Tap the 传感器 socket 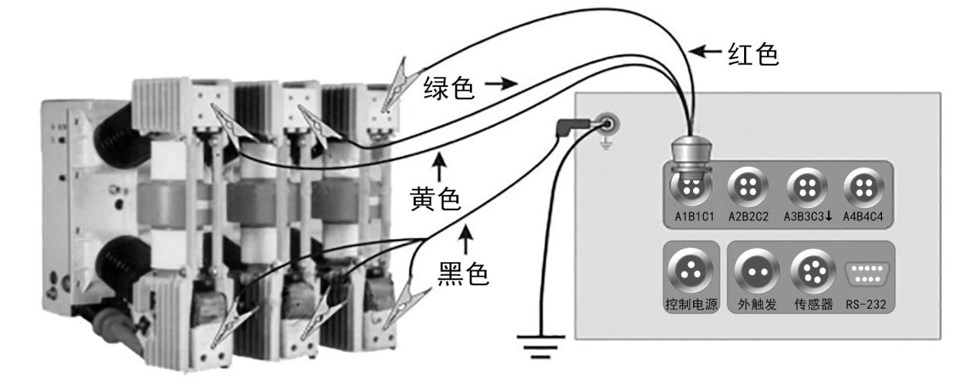[x=810, y=272]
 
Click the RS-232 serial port [x=865, y=274]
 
